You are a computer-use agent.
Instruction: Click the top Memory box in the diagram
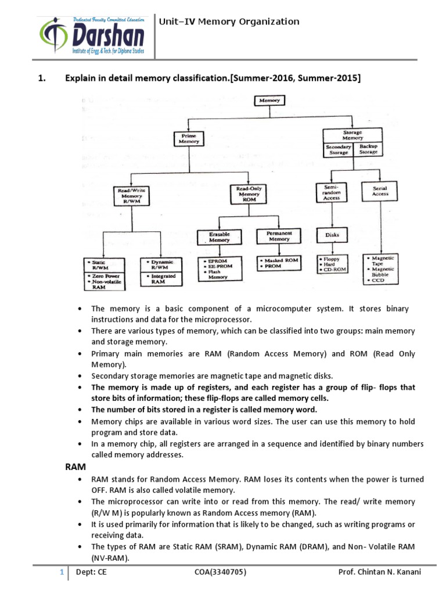click(269, 101)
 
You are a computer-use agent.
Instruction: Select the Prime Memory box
click(189, 138)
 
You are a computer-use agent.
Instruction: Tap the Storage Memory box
click(352, 135)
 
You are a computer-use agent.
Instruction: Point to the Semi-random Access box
click(331, 192)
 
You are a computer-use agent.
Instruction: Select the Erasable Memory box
click(219, 236)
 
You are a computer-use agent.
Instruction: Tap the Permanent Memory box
click(279, 236)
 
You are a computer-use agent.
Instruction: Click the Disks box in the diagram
click(332, 235)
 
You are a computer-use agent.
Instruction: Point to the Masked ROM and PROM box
click(279, 263)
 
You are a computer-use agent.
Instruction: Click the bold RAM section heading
click(74, 467)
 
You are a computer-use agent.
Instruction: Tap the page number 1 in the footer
click(60, 572)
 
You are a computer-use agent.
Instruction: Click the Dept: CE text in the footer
click(91, 572)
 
